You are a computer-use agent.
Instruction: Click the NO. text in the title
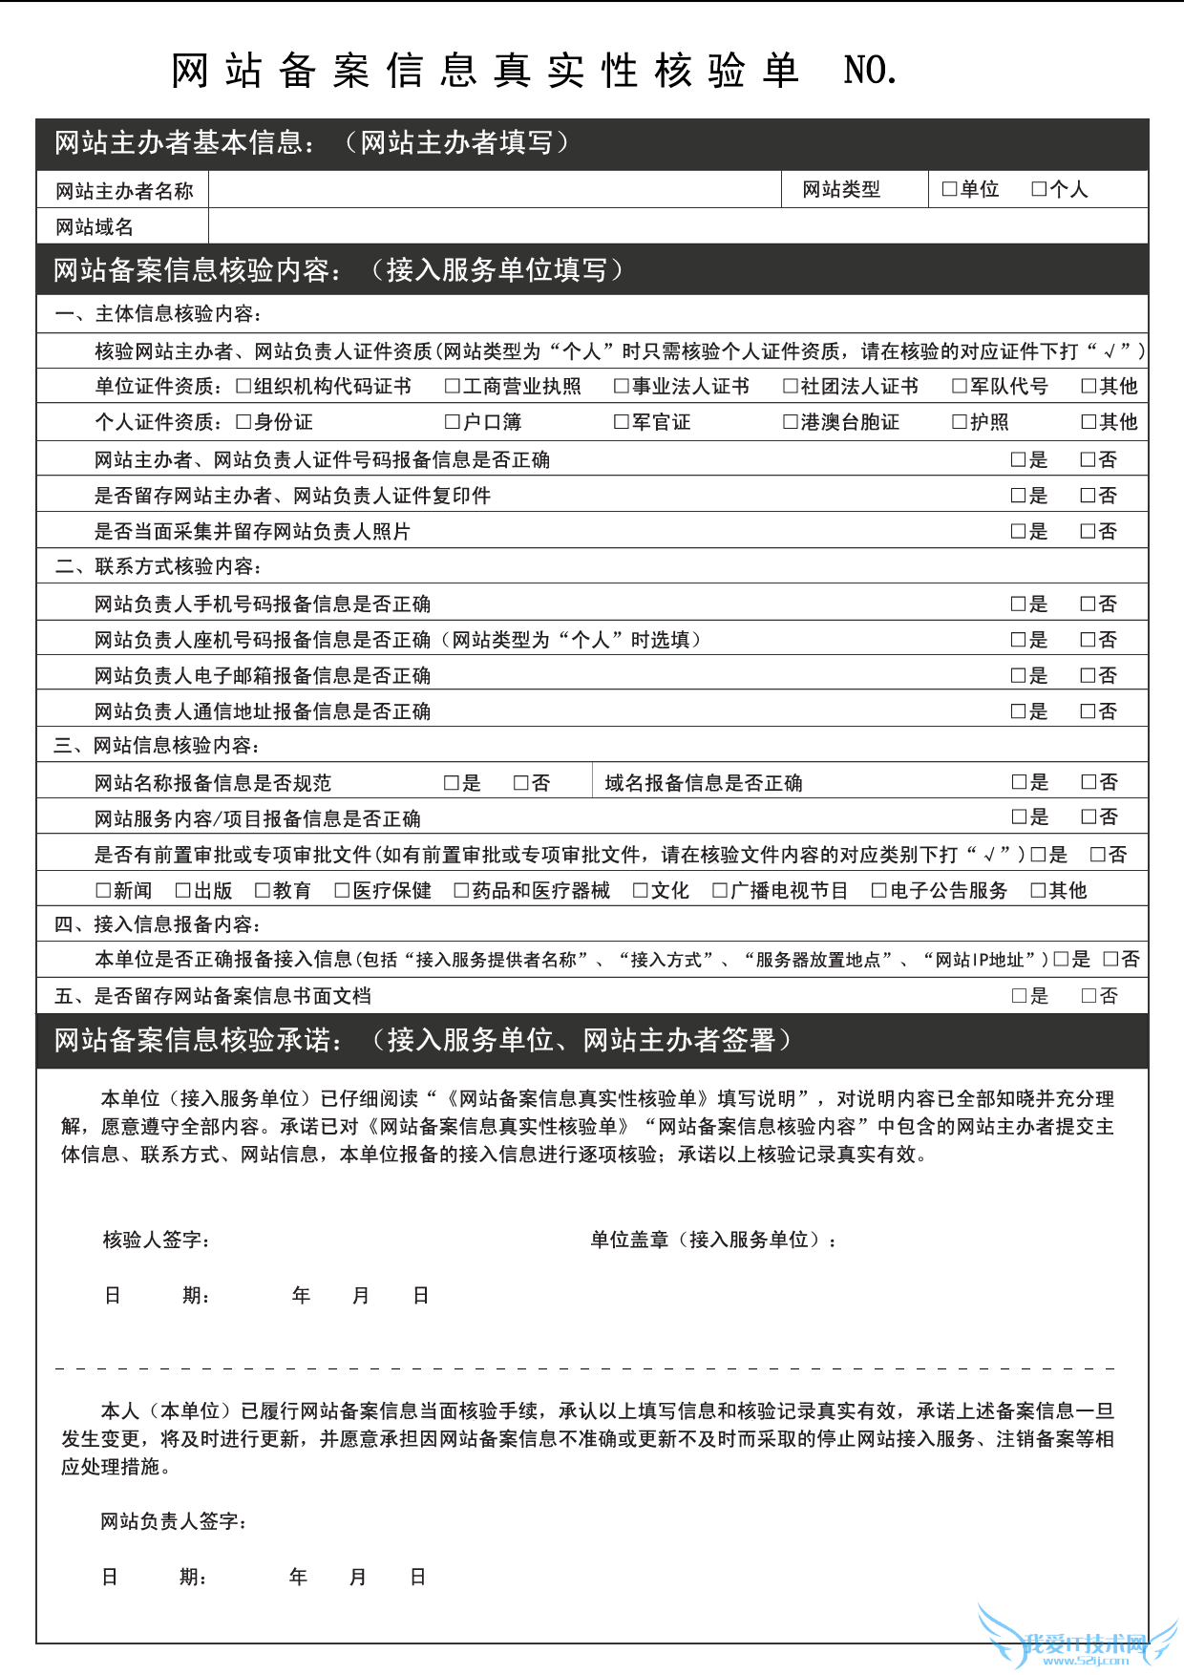870,71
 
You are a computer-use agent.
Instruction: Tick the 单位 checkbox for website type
949,189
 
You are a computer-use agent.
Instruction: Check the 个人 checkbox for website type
1039,189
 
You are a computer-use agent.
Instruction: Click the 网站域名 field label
95,227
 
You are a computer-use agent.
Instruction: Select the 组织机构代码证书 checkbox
243,386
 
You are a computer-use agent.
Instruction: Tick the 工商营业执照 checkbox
453,386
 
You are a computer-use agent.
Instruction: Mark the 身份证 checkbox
243,422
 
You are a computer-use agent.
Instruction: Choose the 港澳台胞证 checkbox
791,422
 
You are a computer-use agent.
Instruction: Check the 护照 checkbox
960,422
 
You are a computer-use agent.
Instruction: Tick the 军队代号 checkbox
960,386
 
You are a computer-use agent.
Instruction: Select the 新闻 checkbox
103,891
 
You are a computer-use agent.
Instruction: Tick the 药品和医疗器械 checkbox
461,891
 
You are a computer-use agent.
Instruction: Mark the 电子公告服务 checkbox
879,891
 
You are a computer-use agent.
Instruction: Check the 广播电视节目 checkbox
720,891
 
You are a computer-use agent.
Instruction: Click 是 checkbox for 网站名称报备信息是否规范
452,783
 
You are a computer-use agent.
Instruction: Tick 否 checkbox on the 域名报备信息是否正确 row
1089,782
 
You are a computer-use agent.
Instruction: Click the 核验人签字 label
156,1240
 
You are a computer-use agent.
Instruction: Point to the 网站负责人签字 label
173,1521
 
